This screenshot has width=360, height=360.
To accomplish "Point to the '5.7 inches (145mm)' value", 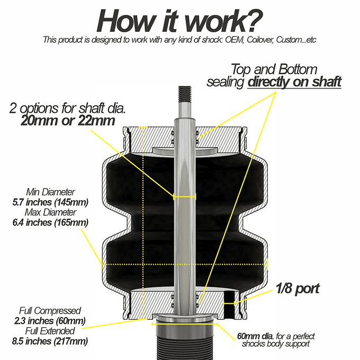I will point(51,202).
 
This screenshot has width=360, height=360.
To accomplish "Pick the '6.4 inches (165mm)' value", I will point(51,222).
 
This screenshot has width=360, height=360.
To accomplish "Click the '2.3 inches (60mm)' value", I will point(50,320).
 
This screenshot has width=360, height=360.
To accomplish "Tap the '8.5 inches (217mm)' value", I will point(50,341).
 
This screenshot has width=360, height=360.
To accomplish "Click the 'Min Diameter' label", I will point(51,192).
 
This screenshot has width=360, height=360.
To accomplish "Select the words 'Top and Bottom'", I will point(274,69).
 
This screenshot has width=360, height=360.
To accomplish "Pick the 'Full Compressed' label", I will point(50,310).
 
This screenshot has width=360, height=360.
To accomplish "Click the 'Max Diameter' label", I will point(51,212).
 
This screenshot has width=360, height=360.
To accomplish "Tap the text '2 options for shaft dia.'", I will point(67,108).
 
